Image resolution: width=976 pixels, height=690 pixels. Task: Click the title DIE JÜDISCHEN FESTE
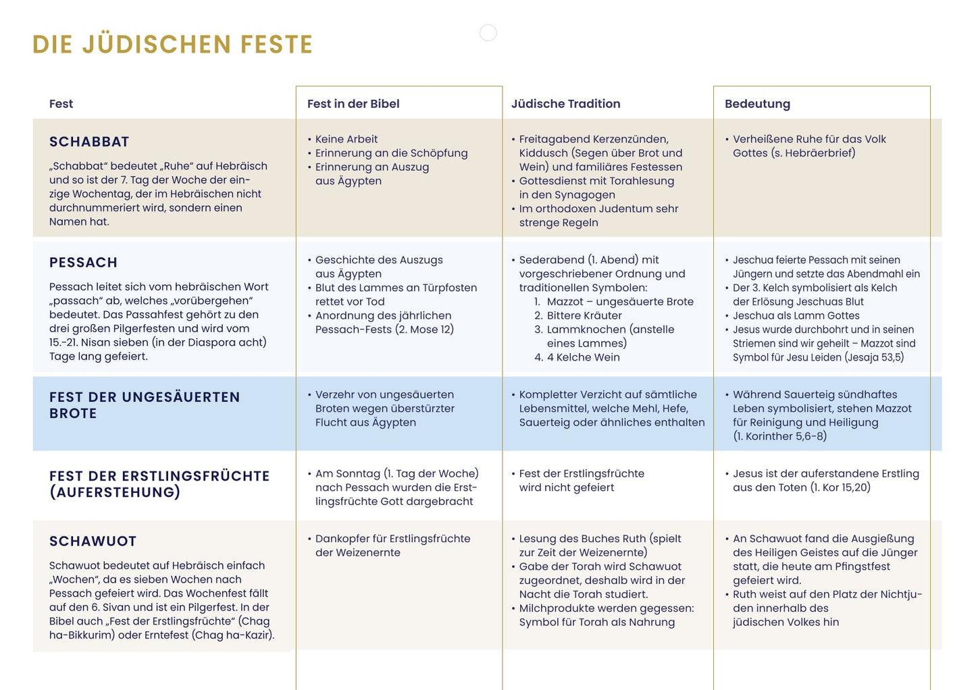[x=172, y=45]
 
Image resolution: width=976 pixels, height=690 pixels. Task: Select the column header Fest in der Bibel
[x=353, y=104]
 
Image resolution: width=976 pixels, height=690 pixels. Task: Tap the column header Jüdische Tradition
[x=565, y=104]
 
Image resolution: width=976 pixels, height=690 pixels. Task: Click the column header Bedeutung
[x=757, y=104]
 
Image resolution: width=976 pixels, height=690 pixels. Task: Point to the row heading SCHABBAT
[x=89, y=142]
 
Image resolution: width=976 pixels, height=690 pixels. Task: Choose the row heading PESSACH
[x=83, y=263]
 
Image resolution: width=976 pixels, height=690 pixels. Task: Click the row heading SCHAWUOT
[x=93, y=541]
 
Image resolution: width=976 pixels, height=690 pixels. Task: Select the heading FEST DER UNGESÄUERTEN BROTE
[x=144, y=405]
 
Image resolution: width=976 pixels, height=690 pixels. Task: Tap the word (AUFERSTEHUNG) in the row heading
[x=115, y=492]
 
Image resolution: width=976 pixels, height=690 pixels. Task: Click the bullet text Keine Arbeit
[x=346, y=139]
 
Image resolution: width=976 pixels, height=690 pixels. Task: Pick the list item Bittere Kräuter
[x=584, y=315]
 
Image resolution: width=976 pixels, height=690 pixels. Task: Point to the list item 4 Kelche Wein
[x=583, y=357]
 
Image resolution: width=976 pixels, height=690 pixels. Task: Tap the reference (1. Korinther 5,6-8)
[x=779, y=436]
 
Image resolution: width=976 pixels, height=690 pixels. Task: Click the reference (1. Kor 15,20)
[x=840, y=487]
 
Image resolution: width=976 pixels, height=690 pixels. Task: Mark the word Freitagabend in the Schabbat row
[x=553, y=139]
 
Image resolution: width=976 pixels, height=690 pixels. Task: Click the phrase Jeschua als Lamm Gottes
[x=796, y=315]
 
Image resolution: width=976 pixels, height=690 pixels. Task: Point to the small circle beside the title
[x=488, y=32]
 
